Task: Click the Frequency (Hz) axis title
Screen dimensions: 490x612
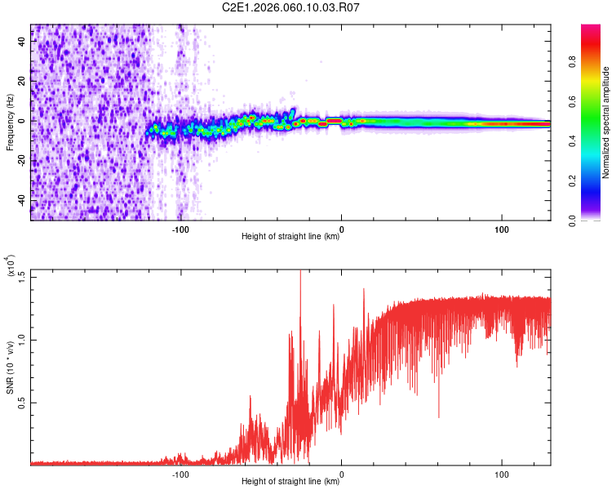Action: (x=10, y=122)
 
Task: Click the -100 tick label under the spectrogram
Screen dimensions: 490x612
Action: (x=180, y=229)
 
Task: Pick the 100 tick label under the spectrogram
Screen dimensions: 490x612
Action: (x=501, y=229)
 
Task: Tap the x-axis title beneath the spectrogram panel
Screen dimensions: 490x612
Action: (x=290, y=237)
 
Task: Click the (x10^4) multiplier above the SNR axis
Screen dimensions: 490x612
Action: (x=11, y=268)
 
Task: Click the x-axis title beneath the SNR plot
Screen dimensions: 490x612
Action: (x=290, y=482)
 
